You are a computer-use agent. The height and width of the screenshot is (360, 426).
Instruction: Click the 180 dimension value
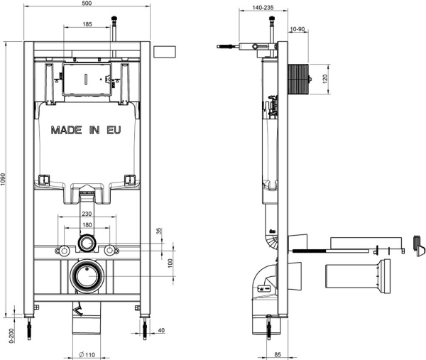[x=87, y=224]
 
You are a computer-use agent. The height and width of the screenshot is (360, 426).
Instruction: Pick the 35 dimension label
[x=161, y=231]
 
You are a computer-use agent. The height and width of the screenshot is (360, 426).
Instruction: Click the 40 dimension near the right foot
[x=162, y=329]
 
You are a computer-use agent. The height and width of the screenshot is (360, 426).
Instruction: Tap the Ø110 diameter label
[x=87, y=354]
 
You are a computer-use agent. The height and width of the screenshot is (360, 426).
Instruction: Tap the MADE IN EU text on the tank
[x=86, y=131]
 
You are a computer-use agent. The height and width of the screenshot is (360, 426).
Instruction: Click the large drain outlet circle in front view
[x=87, y=275]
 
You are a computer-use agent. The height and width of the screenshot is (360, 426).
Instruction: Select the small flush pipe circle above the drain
[x=87, y=244]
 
